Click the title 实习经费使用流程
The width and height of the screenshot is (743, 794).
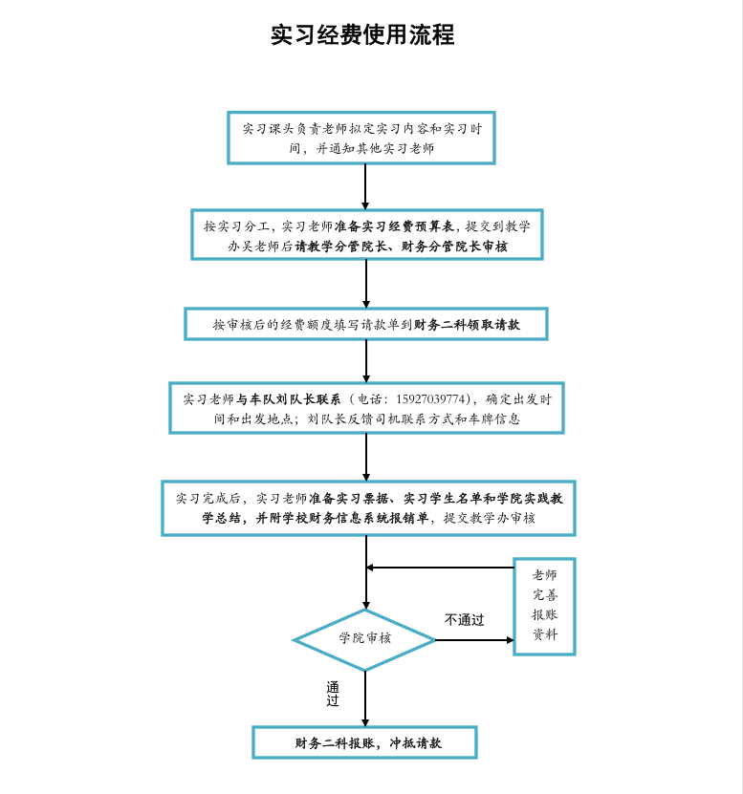[x=362, y=35]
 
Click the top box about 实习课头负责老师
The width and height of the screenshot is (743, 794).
[x=361, y=138]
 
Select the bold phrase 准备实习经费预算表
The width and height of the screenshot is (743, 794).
[x=394, y=226]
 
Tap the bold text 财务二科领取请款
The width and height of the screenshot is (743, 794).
[x=467, y=325]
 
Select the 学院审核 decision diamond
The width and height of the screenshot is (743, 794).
[x=364, y=638]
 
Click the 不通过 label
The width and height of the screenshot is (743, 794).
[x=464, y=620]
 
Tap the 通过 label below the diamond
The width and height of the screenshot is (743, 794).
[x=333, y=694]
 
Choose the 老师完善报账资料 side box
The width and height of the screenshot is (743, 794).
[x=544, y=606]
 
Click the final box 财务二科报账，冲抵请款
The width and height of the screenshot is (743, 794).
[x=364, y=742]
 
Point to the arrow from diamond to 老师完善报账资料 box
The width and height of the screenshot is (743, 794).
[x=475, y=639]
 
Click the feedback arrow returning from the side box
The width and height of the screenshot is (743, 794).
[x=440, y=568]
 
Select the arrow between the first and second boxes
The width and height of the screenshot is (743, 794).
[x=365, y=186]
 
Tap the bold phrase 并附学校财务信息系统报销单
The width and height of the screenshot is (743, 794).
[x=341, y=518]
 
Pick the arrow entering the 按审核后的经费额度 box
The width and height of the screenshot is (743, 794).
[x=365, y=284]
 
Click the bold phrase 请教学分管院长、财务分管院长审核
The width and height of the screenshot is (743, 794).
[x=401, y=247]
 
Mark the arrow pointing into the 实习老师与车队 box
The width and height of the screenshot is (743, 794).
[x=365, y=361]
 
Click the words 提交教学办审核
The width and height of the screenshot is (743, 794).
[x=489, y=518]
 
